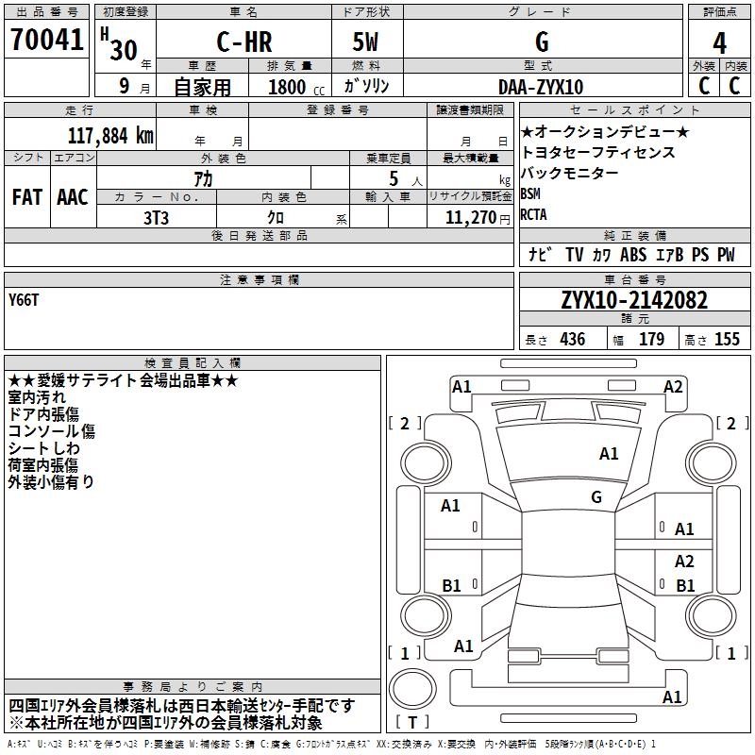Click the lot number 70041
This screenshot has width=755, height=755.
coord(46,42)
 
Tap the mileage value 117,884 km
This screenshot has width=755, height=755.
coord(110,135)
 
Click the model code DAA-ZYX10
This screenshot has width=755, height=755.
coord(541,87)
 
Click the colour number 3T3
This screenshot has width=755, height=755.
coord(156,215)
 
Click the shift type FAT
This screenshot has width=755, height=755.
coord(27,197)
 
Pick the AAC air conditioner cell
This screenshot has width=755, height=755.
coord(72,197)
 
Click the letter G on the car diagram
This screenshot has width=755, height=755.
coord(596,496)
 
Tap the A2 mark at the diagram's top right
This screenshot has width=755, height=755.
coord(673,386)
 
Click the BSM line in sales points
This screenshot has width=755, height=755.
coord(531,193)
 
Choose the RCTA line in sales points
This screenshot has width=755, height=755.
coord(534,214)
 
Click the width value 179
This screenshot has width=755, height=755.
coord(651,339)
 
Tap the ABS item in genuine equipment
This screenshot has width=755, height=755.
coord(633,255)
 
